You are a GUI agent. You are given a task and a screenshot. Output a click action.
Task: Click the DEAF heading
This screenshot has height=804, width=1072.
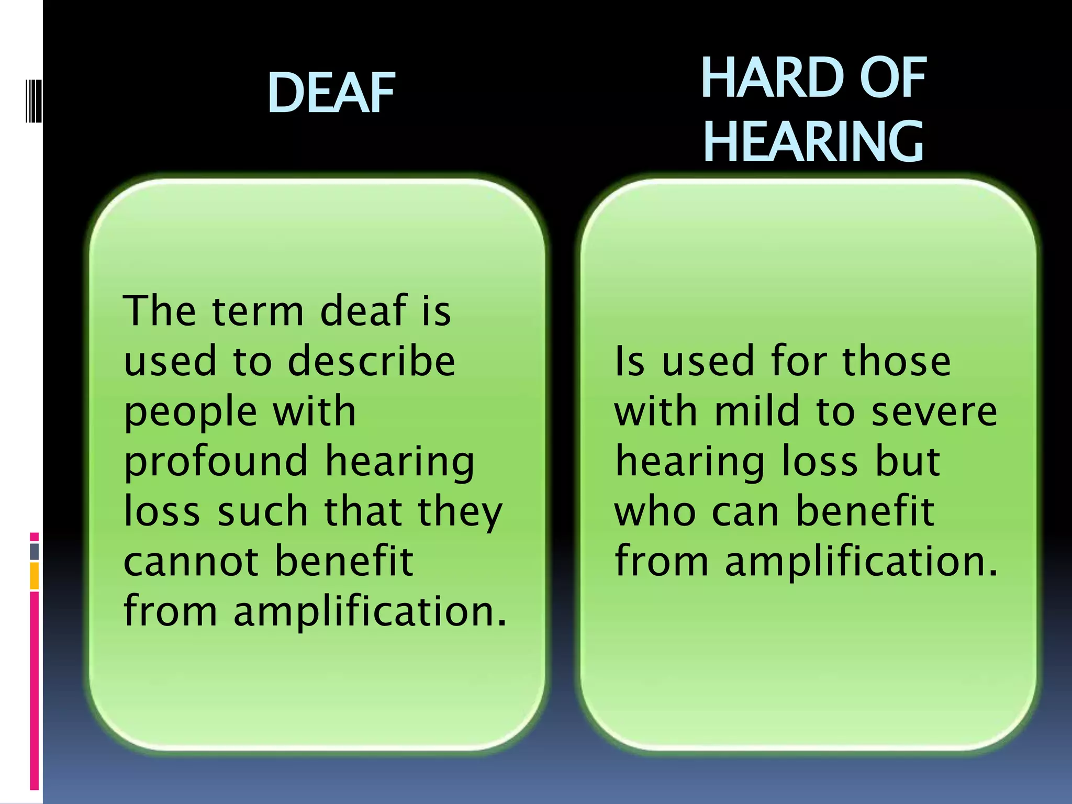tap(331, 93)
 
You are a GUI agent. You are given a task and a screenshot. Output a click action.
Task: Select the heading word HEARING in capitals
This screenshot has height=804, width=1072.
tap(813, 141)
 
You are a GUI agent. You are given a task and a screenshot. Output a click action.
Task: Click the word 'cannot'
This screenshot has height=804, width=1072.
tap(191, 561)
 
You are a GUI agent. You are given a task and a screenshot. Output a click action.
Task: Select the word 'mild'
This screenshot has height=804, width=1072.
tap(757, 411)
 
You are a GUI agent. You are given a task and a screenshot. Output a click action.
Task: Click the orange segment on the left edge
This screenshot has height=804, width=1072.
tap(35, 576)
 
